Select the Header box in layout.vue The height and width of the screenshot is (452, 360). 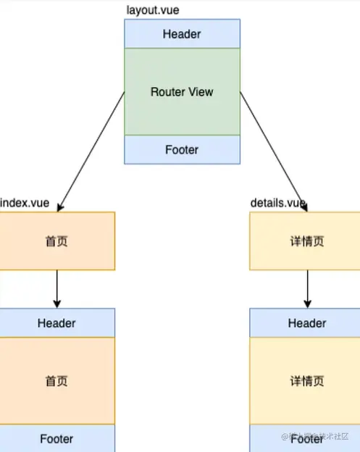click(x=182, y=34)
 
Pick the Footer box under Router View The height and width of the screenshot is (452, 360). click(x=182, y=150)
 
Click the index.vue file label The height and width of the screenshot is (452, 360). click(x=25, y=203)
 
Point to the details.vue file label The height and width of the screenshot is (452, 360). click(x=277, y=203)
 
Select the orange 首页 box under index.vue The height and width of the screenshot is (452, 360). click(x=56, y=240)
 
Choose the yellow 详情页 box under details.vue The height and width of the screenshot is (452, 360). click(x=306, y=240)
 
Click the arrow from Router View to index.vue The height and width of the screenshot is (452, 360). click(x=91, y=151)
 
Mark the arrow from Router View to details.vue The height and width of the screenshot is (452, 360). click(x=274, y=151)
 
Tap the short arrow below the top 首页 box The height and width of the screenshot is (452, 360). click(x=56, y=289)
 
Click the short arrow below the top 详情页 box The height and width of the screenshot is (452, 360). click(x=307, y=289)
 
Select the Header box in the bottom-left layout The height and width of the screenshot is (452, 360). click(x=56, y=323)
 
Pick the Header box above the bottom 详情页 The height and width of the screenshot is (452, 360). click(x=306, y=323)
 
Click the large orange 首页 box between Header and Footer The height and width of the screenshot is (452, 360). click(x=56, y=381)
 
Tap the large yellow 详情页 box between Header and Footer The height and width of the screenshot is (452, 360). click(x=306, y=381)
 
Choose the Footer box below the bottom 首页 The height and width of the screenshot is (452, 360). click(x=56, y=438)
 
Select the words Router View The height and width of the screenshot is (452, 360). click(x=182, y=92)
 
